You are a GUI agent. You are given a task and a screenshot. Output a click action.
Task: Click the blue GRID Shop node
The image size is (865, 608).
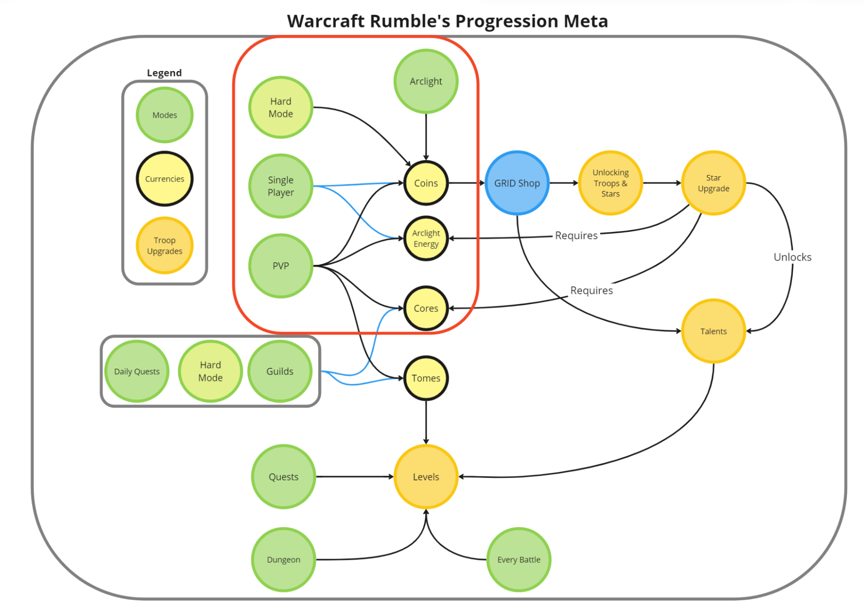[517, 183]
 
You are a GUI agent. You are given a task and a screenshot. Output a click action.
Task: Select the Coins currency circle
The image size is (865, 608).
[426, 183]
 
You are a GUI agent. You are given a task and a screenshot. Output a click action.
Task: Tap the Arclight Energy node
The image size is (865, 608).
[426, 238]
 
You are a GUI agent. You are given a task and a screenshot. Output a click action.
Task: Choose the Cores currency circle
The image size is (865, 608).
[426, 308]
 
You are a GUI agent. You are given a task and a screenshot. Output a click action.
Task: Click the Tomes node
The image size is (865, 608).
[426, 378]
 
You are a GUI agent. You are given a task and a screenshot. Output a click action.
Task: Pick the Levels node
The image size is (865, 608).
[426, 476]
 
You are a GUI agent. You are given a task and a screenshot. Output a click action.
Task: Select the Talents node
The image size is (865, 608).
[713, 331]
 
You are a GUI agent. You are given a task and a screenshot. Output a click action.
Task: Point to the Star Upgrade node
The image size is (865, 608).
[713, 183]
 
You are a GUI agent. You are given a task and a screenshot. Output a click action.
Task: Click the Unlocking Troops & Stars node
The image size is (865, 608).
[610, 183]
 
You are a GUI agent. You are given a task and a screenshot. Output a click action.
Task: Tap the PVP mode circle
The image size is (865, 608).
[280, 266]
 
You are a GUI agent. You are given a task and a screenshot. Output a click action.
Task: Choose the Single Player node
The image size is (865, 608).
[280, 186]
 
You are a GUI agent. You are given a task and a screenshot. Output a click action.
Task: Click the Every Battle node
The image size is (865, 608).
[518, 560]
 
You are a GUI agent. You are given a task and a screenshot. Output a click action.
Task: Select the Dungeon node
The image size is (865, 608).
[283, 560]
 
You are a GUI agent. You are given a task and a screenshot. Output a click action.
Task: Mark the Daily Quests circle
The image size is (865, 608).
[137, 371]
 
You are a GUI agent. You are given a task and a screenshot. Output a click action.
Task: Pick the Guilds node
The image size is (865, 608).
[280, 371]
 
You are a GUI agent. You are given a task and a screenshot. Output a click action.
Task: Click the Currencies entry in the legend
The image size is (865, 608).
[164, 179]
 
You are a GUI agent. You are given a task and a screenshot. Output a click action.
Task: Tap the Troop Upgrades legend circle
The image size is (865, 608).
[164, 245]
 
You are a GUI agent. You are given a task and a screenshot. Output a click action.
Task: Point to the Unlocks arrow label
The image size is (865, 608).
[792, 257]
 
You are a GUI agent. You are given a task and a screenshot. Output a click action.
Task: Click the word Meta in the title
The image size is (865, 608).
[585, 21]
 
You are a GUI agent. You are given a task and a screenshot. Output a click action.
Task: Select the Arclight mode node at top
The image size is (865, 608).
[426, 81]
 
